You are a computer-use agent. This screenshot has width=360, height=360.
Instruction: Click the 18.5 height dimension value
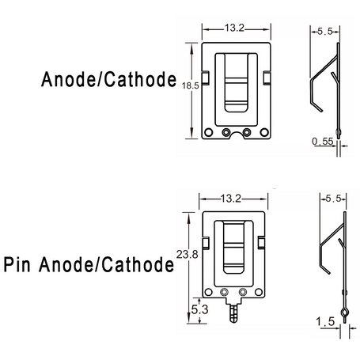191,85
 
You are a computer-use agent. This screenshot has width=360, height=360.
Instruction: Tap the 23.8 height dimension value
187,255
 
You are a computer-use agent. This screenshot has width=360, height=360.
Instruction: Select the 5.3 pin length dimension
199,309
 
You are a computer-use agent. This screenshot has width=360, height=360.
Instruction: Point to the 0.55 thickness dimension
323,142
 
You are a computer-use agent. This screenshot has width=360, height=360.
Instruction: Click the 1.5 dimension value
325,321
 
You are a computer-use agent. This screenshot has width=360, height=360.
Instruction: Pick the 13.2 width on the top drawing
234,28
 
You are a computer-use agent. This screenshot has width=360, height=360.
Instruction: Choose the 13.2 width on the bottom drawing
231,199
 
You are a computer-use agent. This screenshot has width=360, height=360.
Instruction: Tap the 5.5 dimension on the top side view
325,32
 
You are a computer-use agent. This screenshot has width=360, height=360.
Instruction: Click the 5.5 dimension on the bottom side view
333,199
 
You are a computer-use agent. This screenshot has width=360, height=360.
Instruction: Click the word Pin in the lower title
17,265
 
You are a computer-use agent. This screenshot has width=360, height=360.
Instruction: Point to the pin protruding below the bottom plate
234,313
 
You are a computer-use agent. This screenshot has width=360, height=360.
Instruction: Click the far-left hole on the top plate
208,132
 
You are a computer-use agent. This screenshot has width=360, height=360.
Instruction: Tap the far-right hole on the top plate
264,132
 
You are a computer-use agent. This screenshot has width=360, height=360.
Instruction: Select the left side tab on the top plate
206,78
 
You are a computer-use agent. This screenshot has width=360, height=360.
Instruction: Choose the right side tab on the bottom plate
261,243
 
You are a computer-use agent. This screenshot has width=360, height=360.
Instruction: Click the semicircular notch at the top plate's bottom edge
236,135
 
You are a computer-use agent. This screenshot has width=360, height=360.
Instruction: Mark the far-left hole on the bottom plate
208,292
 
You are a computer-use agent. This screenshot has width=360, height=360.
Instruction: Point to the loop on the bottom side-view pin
344,313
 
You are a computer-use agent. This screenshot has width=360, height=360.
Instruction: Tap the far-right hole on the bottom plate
259,292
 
